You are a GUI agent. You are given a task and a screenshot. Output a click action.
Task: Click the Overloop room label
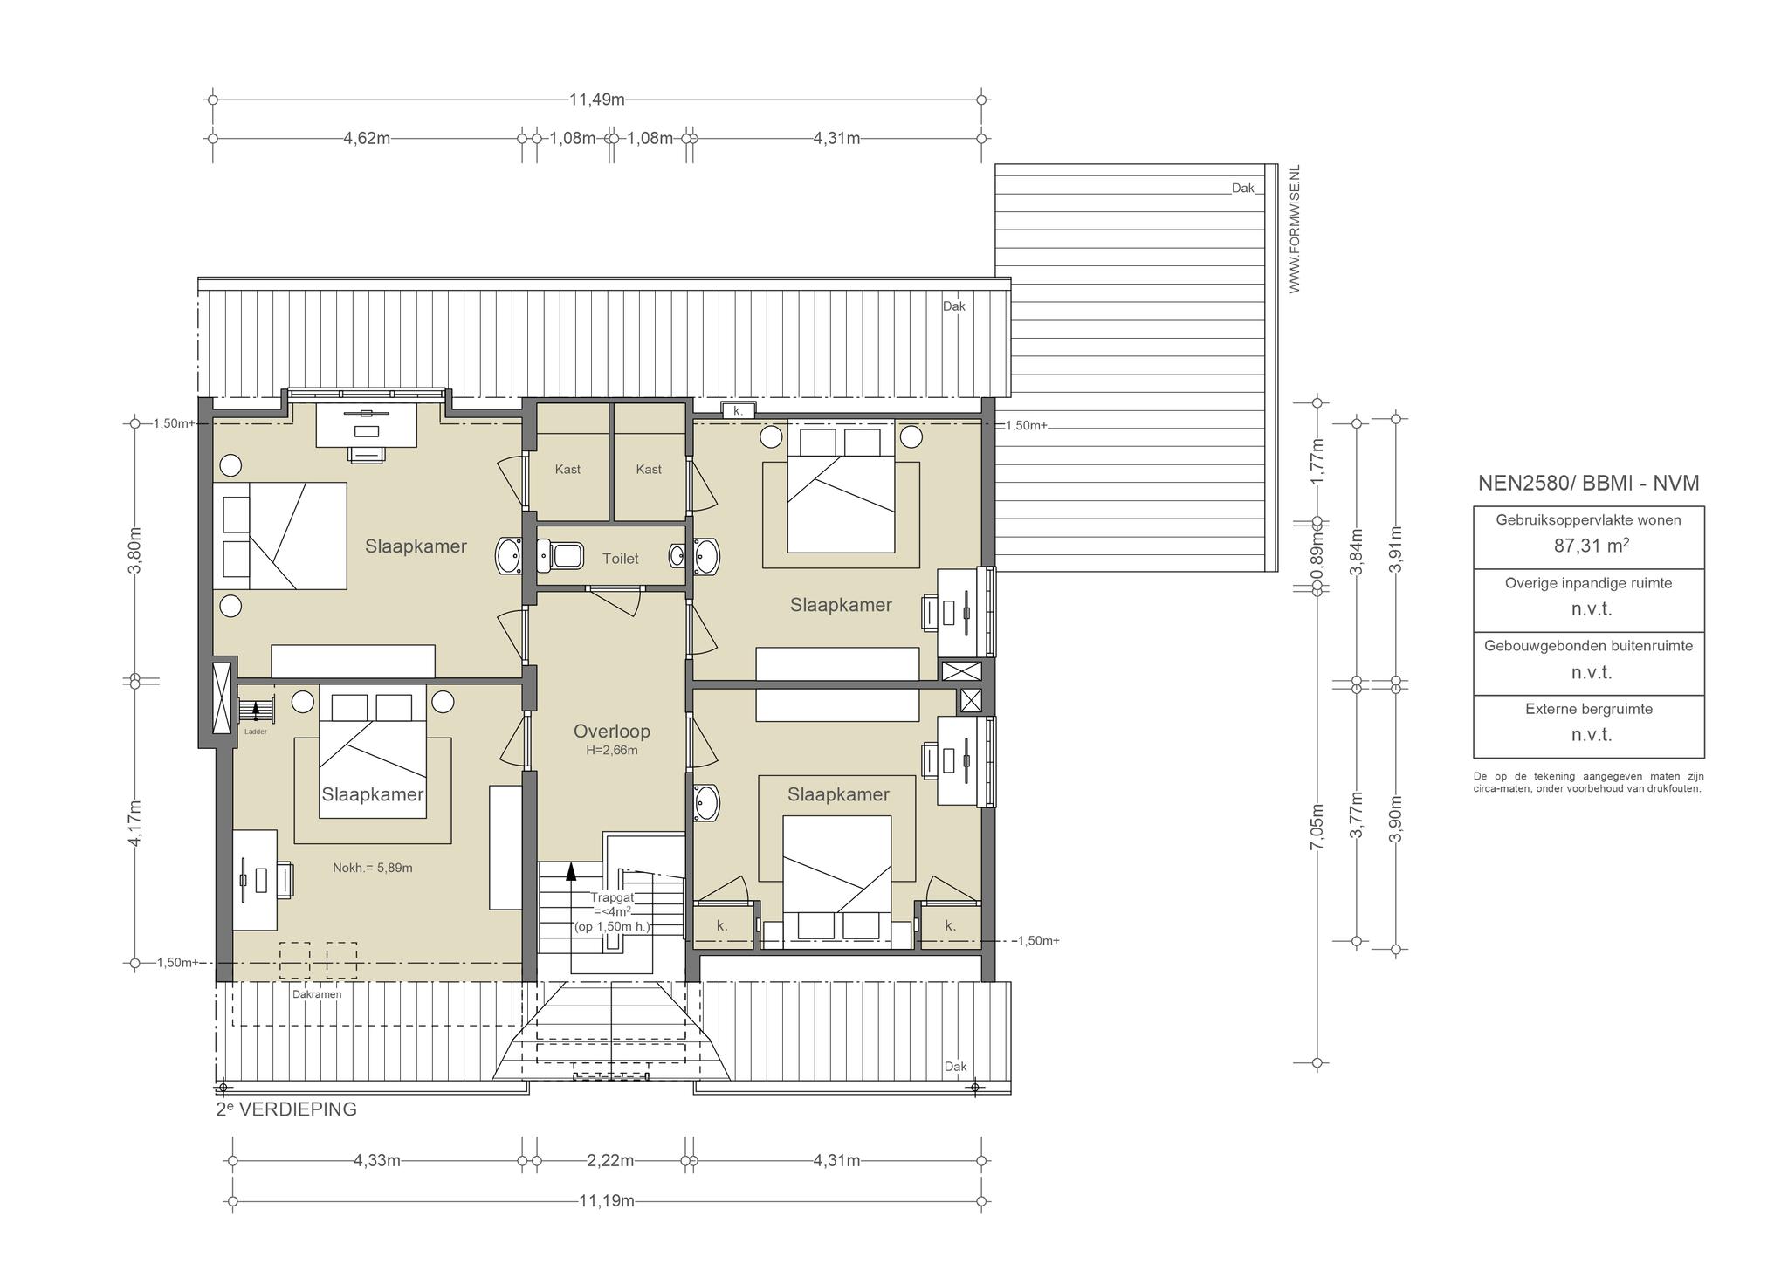(611, 732)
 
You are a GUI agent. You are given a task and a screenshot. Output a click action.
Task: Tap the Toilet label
(620, 559)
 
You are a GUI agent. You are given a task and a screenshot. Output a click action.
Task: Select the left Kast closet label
(567, 470)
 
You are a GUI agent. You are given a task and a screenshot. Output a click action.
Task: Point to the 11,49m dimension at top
(597, 100)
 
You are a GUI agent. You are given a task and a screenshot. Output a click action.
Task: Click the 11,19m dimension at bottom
(607, 1200)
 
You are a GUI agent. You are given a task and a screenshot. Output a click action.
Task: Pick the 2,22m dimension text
(610, 1161)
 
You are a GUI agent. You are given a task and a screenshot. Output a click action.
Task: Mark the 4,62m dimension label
(367, 138)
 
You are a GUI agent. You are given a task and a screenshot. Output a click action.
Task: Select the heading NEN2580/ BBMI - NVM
(1588, 484)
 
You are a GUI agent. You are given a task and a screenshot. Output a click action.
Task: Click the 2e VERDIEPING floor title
(286, 1109)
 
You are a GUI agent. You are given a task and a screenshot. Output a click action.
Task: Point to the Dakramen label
(317, 994)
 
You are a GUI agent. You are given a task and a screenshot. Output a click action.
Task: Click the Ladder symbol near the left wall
(256, 710)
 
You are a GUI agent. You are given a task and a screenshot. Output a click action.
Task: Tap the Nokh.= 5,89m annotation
(373, 868)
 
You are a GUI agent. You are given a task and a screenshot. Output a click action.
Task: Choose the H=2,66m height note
(611, 751)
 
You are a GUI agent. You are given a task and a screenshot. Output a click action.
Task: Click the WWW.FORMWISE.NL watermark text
(1295, 229)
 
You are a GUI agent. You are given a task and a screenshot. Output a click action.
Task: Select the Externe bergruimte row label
(1589, 709)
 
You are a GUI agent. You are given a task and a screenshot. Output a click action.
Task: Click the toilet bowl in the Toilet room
(560, 554)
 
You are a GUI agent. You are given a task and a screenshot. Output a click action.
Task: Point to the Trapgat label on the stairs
(612, 897)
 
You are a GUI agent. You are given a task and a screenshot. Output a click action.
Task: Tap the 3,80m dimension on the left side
(134, 551)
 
